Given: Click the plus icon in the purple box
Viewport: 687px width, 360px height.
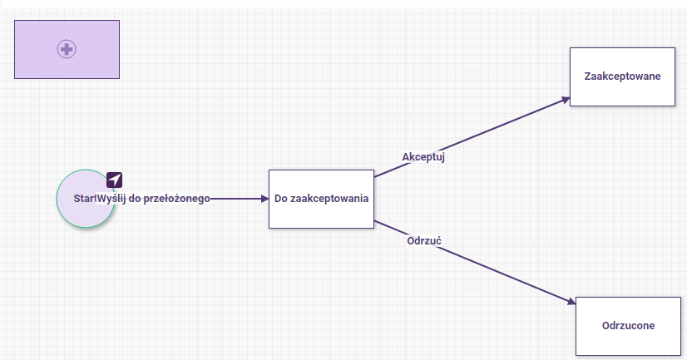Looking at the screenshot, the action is pyautogui.click(x=67, y=49).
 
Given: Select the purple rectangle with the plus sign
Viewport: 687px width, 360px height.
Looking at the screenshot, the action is pyautogui.click(x=67, y=50).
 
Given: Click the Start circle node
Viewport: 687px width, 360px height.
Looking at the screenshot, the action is pyautogui.click(x=86, y=199).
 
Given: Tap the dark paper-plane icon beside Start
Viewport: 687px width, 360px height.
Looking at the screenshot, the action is pyautogui.click(x=114, y=180).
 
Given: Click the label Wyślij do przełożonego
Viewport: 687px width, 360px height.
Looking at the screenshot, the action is pyautogui.click(x=153, y=199).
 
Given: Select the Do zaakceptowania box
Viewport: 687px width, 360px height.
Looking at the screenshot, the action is pyautogui.click(x=321, y=199).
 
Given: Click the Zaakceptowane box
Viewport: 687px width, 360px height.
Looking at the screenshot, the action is pyautogui.click(x=622, y=76).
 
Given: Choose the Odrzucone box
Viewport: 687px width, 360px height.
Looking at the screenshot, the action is pyautogui.click(x=628, y=326).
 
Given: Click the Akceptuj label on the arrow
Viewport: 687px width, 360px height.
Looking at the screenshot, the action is pyautogui.click(x=423, y=157).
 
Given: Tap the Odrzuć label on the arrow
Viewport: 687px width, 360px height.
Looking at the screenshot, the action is pyautogui.click(x=424, y=241).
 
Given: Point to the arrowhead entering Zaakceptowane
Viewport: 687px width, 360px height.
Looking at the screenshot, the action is pyautogui.click(x=566, y=101).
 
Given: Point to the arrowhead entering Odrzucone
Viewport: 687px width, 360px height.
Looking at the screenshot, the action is pyautogui.click(x=571, y=301).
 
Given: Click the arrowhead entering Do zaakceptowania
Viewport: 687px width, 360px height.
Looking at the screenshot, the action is pyautogui.click(x=264, y=199).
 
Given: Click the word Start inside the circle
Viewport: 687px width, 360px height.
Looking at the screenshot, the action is pyautogui.click(x=84, y=199).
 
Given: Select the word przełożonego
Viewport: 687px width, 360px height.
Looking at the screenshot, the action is pyautogui.click(x=177, y=199).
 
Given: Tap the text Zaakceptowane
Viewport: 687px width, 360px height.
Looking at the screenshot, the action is pyautogui.click(x=622, y=76).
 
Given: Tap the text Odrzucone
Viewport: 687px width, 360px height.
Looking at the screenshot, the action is pyautogui.click(x=628, y=325).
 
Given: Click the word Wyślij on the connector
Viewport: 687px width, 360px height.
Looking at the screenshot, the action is pyautogui.click(x=111, y=199).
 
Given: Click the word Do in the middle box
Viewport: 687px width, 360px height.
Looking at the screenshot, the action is pyautogui.click(x=281, y=199).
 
